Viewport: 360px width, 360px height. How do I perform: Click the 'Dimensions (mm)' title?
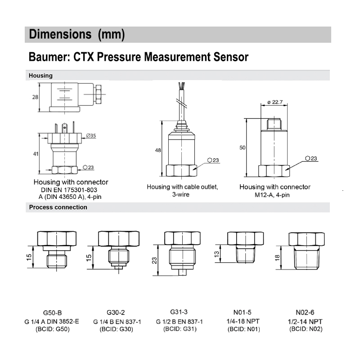click(x=76, y=35)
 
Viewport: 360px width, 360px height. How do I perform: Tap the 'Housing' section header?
click(x=40, y=76)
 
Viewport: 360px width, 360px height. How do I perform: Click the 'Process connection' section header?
click(x=58, y=207)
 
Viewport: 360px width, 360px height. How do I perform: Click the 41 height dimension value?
click(x=36, y=154)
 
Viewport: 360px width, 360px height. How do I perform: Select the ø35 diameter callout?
click(x=90, y=135)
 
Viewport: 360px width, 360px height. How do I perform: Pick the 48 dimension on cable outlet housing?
click(x=158, y=150)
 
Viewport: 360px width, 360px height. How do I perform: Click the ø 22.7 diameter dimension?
click(x=274, y=102)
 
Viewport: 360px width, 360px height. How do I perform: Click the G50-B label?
click(x=52, y=313)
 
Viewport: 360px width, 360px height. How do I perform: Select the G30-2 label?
click(x=116, y=313)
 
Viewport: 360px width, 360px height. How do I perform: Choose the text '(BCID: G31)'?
click(x=180, y=329)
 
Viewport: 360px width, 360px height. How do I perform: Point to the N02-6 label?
click(x=306, y=313)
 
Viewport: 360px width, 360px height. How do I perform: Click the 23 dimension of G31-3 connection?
click(x=154, y=260)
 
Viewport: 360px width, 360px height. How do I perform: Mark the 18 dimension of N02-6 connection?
click(x=278, y=257)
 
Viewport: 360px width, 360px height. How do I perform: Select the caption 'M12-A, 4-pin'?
click(x=274, y=194)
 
